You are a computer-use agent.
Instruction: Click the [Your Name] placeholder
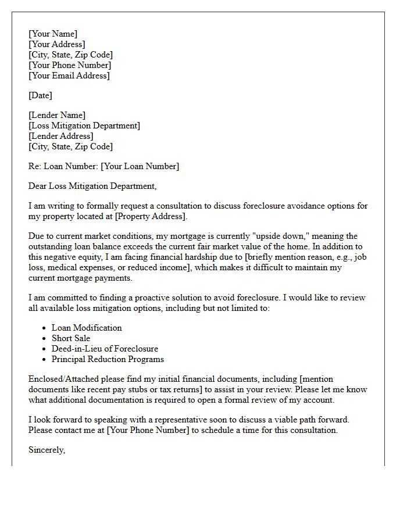tap(53, 34)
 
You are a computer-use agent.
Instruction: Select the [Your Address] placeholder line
tap(57, 44)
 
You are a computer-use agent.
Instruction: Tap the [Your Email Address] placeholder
tap(69, 76)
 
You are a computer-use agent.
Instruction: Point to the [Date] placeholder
tap(40, 95)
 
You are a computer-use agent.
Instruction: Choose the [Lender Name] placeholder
tap(57, 115)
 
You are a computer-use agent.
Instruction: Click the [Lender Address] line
tap(61, 136)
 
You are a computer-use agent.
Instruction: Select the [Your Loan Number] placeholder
tap(140, 166)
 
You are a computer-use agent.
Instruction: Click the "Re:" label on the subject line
tap(35, 166)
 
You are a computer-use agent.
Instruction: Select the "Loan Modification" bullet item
tap(87, 328)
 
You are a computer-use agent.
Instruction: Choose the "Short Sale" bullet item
tap(71, 338)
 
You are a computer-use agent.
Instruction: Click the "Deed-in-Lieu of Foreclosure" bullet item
tap(105, 349)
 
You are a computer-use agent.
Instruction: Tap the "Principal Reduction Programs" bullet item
tap(108, 359)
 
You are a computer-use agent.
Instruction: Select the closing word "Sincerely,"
tap(47, 450)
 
